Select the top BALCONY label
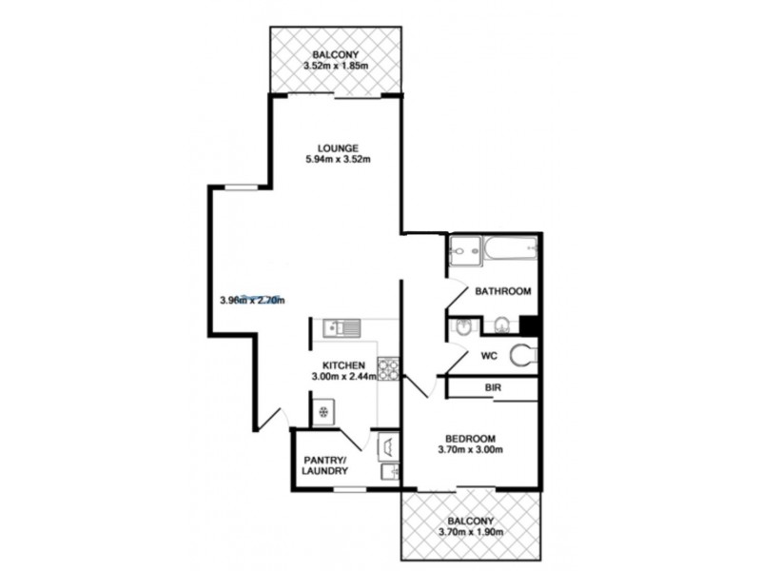click(335, 54)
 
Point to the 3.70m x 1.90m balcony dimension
click(470, 533)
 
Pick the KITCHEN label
click(342, 365)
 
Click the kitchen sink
click(341, 329)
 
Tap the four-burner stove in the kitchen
click(388, 366)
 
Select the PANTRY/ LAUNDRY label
click(325, 465)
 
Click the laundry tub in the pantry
click(389, 446)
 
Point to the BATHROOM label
click(502, 291)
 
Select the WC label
click(489, 356)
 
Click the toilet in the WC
click(521, 356)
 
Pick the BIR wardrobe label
click(493, 389)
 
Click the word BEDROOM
click(470, 438)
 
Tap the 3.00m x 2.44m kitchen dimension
click(343, 378)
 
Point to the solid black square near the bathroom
click(531, 324)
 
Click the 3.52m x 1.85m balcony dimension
click(335, 67)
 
